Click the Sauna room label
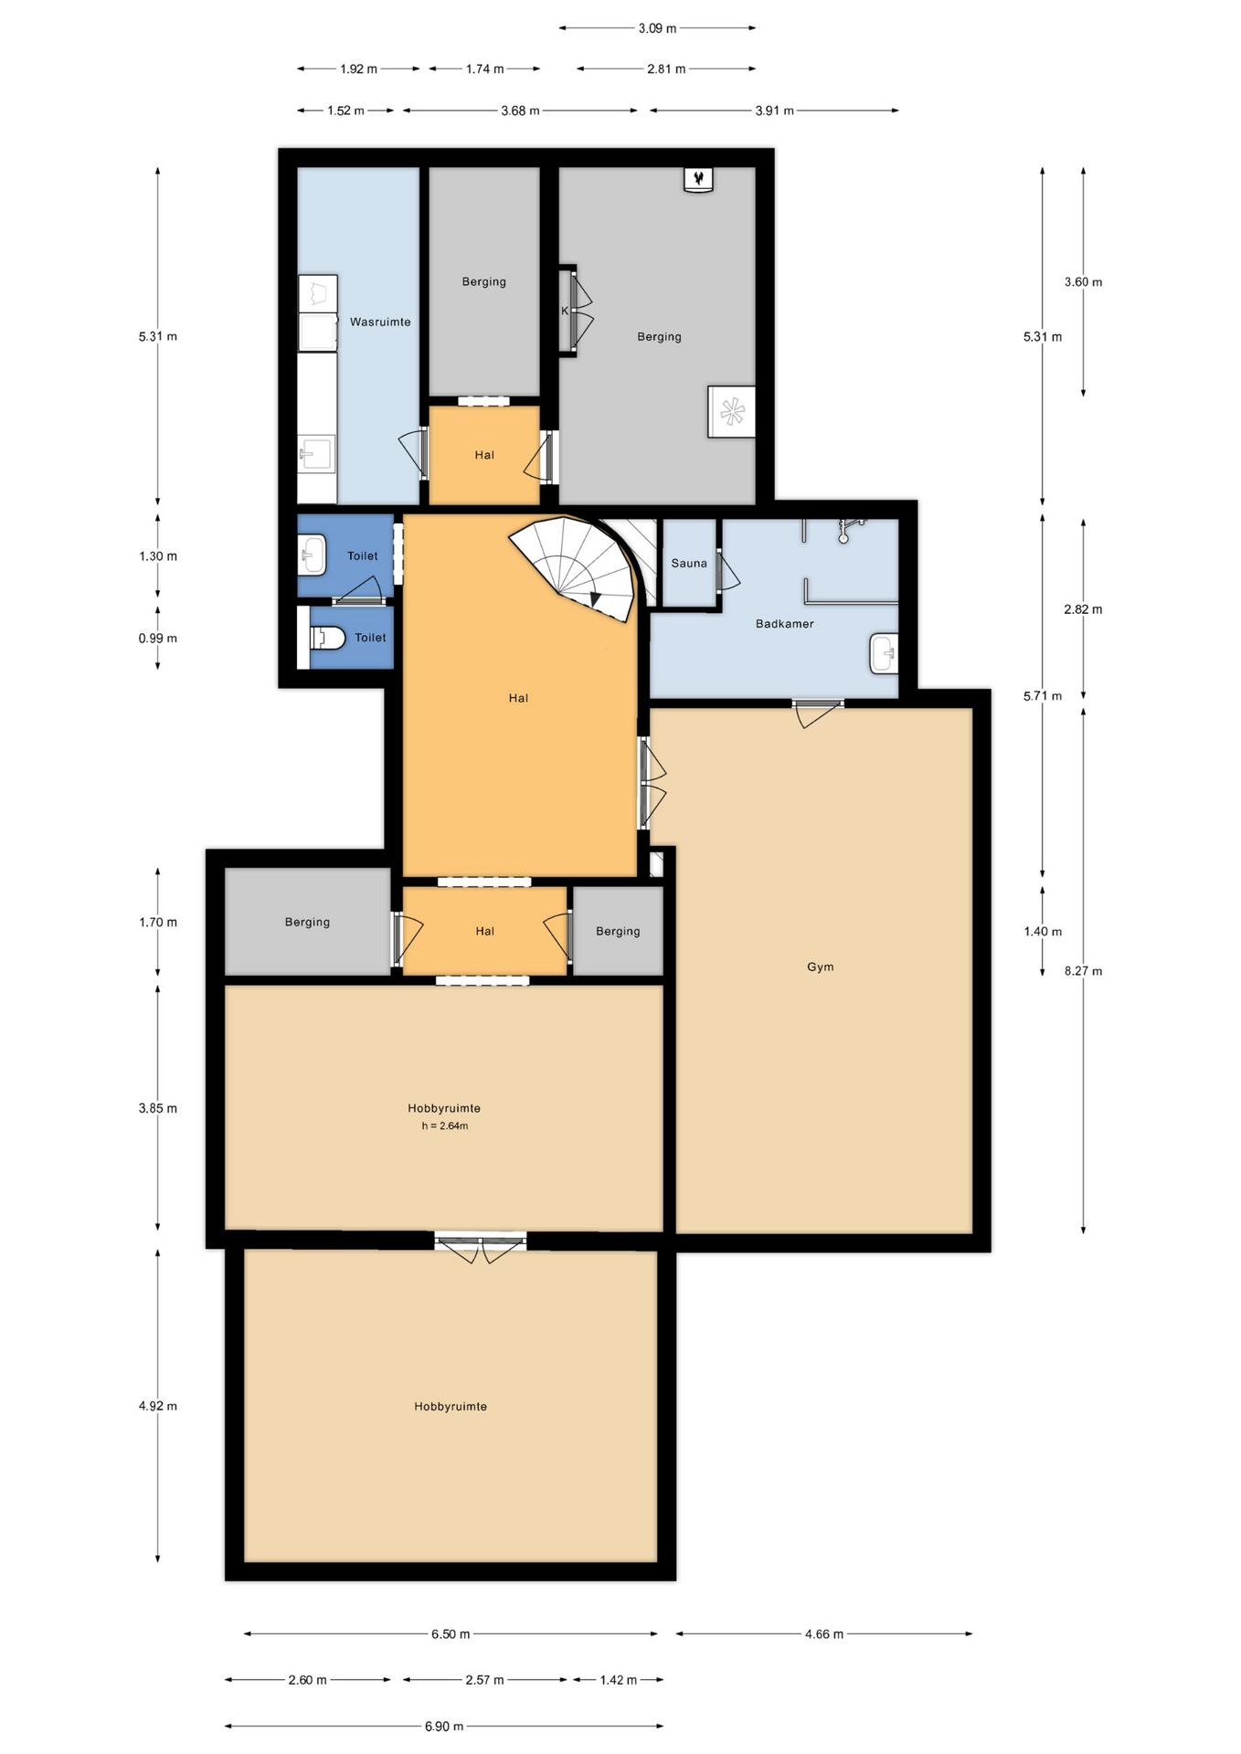click(x=689, y=564)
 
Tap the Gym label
click(x=820, y=967)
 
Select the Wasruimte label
click(x=380, y=322)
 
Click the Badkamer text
click(x=784, y=624)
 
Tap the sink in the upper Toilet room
click(x=312, y=555)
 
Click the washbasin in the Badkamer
click(x=884, y=653)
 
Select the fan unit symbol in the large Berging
click(x=732, y=412)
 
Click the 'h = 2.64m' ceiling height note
click(x=444, y=1126)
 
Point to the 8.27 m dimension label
click(x=1083, y=971)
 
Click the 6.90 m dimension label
click(x=444, y=1727)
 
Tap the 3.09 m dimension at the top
click(x=657, y=28)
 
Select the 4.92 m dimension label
click(x=157, y=1406)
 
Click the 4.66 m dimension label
click(x=823, y=1633)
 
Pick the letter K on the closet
click(x=565, y=312)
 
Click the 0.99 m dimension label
click(x=157, y=639)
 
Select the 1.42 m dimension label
click(x=618, y=1680)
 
